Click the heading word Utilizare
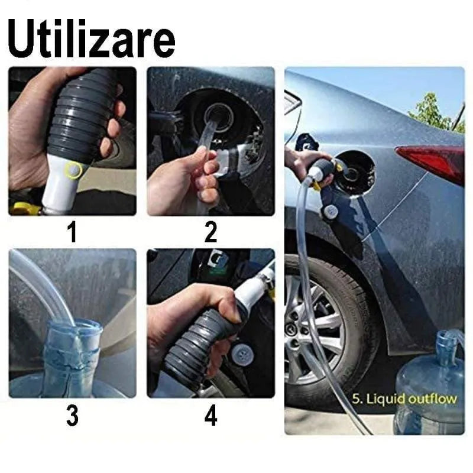91,38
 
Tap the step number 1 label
72,232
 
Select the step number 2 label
210,232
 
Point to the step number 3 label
72,416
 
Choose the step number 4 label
210,416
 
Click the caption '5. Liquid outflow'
404,399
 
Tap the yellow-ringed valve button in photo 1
73,170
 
